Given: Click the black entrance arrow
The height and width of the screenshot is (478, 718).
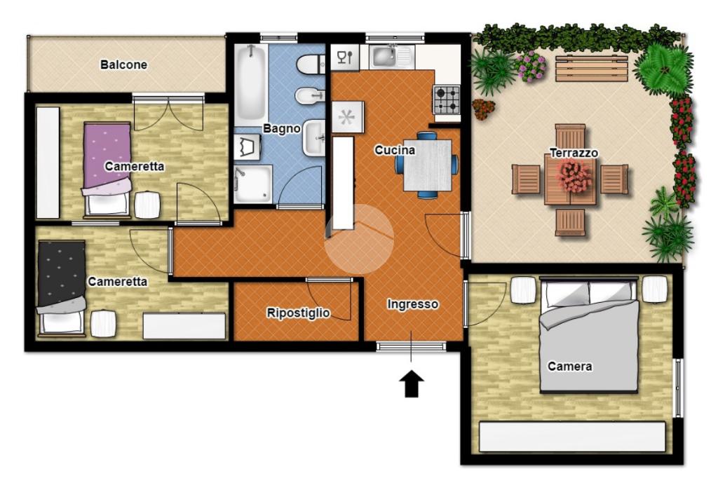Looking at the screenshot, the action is [x=411, y=383].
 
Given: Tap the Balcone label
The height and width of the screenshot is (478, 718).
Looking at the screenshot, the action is [x=123, y=64].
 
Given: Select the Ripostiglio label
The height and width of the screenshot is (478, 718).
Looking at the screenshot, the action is [x=298, y=313].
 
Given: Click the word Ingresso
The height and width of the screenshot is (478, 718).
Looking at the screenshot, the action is [x=412, y=304].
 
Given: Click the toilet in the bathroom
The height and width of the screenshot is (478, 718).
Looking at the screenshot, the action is [x=311, y=64].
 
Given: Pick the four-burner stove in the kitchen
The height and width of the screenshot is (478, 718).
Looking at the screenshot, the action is [x=447, y=100].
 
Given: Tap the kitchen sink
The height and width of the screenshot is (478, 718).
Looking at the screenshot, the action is [x=391, y=57].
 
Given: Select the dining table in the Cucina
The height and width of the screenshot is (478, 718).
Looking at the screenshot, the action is [x=427, y=165].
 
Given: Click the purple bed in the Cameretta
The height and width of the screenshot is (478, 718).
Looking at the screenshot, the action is [x=107, y=168].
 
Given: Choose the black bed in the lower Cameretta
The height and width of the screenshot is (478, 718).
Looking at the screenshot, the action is [x=62, y=287].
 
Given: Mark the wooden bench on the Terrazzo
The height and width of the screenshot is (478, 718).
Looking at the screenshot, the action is [x=591, y=69].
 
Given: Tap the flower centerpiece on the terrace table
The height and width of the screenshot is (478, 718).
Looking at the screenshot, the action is [x=574, y=177].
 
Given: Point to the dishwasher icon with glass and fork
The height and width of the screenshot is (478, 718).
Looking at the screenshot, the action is [x=345, y=57].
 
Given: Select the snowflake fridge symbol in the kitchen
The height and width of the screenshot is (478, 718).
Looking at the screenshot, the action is [x=348, y=117].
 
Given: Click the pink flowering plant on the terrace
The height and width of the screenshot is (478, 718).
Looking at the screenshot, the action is [x=531, y=66].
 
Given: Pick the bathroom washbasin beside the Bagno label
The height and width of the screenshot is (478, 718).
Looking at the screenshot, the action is [x=313, y=137].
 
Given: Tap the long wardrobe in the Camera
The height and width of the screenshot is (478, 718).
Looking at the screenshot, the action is [x=572, y=437].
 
